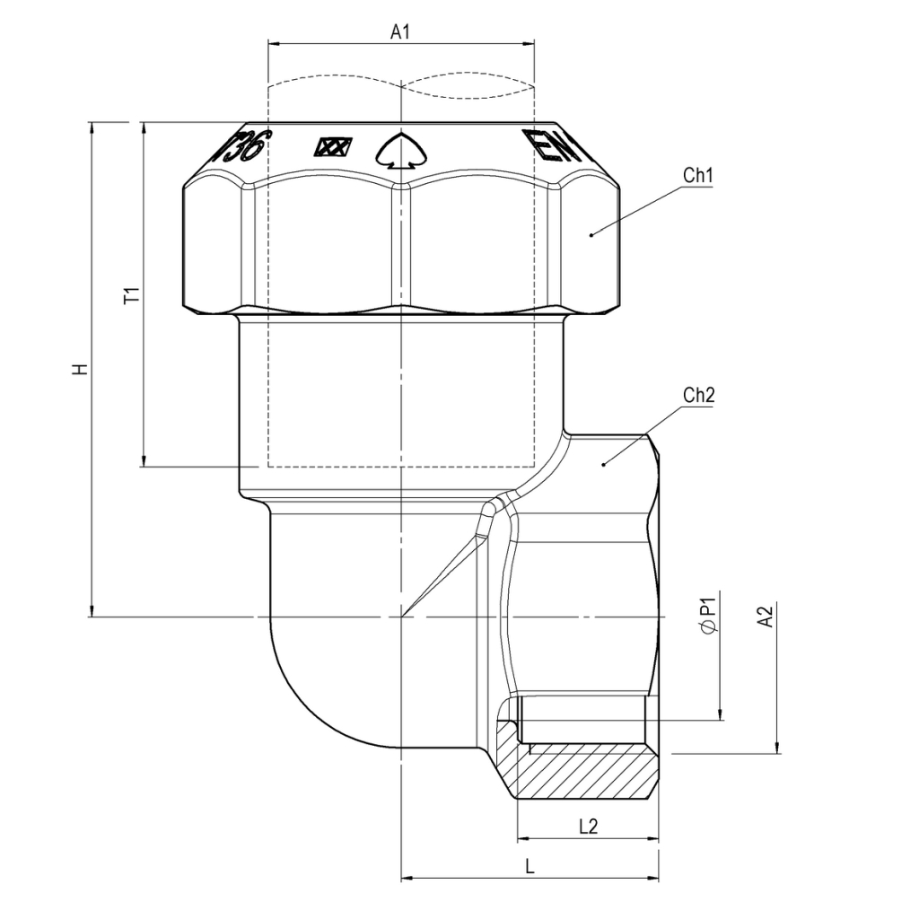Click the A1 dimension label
(400, 31)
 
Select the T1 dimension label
(131, 296)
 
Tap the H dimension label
(81, 369)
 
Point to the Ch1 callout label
(697, 176)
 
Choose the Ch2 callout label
(698, 395)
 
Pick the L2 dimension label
(588, 827)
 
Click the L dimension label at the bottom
(530, 867)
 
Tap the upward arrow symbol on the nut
(400, 151)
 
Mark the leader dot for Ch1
(591, 235)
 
